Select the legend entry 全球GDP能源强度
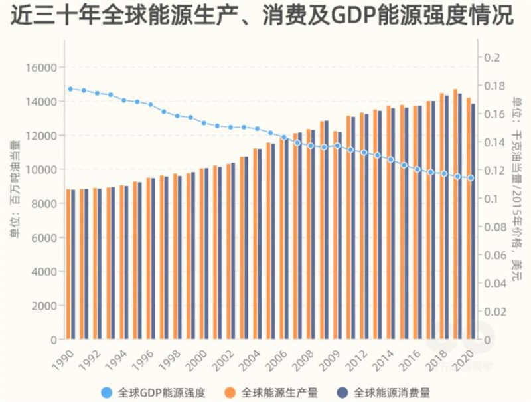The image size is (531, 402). click(152, 392)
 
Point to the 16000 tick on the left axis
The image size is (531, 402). click(42, 68)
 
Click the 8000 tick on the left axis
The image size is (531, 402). click(44, 204)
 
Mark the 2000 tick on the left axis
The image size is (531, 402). click(44, 306)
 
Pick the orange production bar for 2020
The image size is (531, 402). click(469, 219)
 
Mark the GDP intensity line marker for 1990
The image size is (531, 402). click(70, 88)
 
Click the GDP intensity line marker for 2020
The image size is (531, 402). click(471, 178)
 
